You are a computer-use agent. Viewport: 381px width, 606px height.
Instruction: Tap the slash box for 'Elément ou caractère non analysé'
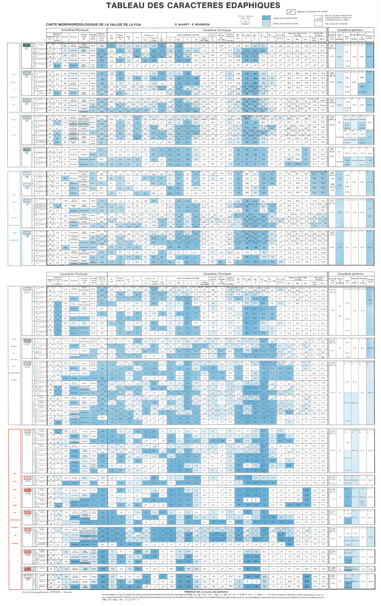pyautogui.click(x=291, y=12)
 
